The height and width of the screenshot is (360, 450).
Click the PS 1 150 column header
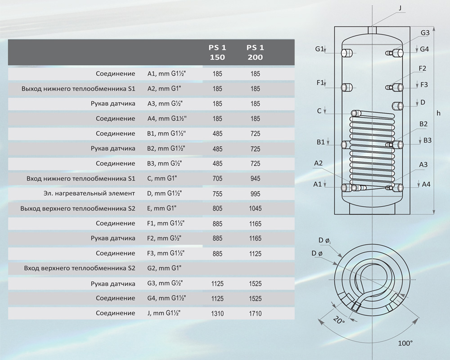point(217,52)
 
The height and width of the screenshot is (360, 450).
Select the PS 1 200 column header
point(255,52)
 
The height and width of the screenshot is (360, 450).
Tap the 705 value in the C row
point(217,179)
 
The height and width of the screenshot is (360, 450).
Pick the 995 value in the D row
point(255,194)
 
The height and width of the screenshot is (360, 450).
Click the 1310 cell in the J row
point(217,314)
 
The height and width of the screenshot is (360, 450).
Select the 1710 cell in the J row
point(255,314)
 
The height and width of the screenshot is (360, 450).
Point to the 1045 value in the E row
point(255,208)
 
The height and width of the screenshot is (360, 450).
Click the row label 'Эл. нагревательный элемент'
point(89,193)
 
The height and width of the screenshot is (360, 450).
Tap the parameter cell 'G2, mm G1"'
point(164,268)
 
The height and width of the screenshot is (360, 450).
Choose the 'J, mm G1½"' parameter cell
point(164,313)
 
